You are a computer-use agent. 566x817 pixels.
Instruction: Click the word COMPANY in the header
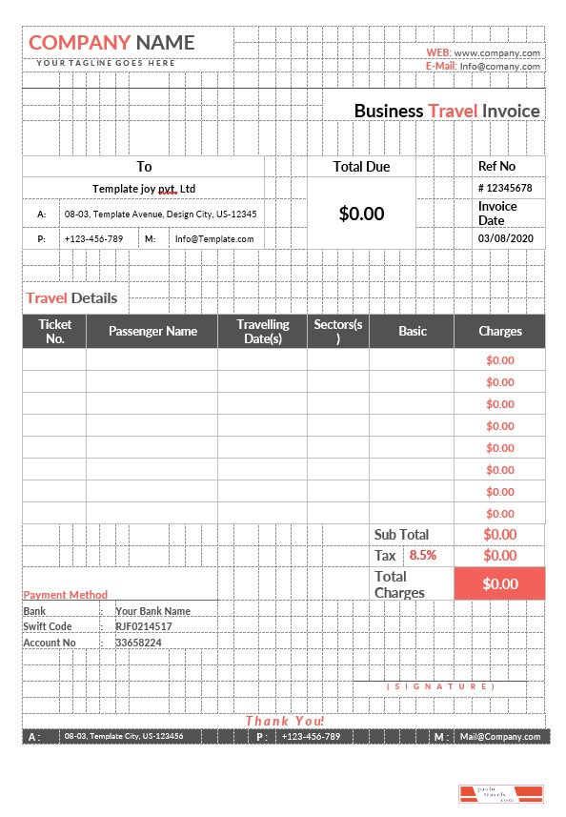pos(80,42)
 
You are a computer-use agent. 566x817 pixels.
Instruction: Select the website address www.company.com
pos(496,53)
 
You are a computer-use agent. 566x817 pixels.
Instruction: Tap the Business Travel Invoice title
pos(447,111)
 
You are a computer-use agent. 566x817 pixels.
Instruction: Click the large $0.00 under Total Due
pos(361,214)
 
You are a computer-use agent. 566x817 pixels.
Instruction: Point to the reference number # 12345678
pos(505,188)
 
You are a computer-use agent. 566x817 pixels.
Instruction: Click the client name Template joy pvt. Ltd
pos(144,189)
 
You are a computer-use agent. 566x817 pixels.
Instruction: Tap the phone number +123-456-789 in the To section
pos(93,238)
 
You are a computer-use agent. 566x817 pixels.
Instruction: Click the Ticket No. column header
pos(54,331)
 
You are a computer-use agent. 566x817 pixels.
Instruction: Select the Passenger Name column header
pos(152,331)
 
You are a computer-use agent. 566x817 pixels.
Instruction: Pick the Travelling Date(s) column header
pos(262,331)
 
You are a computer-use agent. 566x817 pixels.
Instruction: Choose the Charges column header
pos(500,331)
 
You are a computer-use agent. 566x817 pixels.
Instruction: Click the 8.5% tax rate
pos(423,556)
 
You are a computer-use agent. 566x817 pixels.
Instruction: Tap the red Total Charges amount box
pos(500,583)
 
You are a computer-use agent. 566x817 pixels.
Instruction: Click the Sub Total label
pos(401,535)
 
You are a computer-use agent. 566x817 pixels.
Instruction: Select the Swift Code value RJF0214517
pos(144,626)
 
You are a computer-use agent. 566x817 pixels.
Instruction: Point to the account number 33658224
pos(138,643)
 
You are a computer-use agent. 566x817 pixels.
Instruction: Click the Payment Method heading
pos(66,595)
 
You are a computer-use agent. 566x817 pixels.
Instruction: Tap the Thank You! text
pos(285,721)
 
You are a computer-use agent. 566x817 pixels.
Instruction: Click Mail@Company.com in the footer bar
pos(500,737)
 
